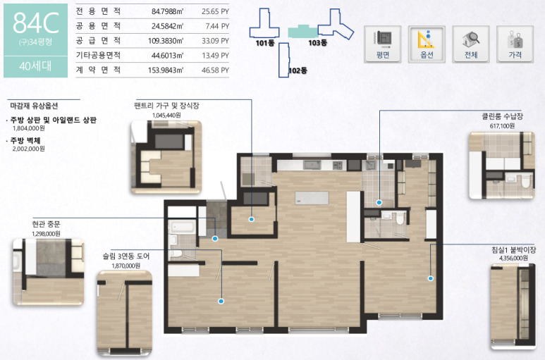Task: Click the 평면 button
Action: [383, 44]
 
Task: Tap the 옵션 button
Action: [427, 44]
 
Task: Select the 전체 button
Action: [471, 44]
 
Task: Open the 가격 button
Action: [515, 44]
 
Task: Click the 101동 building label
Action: [265, 43]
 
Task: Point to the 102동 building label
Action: [298, 70]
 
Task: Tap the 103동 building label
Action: [318, 43]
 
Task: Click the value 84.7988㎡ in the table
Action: [167, 11]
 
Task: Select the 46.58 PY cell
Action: [215, 70]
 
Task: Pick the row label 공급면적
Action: [99, 41]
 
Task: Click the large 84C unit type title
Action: [36, 23]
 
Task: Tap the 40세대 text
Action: [35, 66]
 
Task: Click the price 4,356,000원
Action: [513, 258]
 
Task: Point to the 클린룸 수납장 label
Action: [502, 116]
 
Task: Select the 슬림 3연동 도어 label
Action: [125, 256]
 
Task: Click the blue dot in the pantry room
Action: [251, 219]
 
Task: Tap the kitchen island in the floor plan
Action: [312, 198]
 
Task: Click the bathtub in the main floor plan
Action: [182, 227]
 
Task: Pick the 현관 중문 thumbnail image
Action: [49, 272]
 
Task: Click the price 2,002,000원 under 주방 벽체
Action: [28, 149]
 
